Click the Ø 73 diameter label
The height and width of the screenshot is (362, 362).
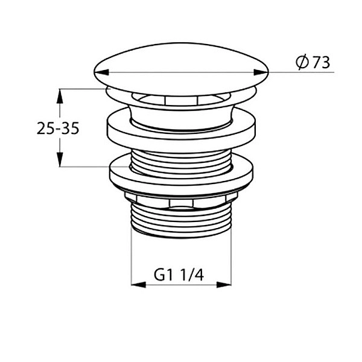pos(313,62)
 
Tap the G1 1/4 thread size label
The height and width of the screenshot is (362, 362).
pos(179,275)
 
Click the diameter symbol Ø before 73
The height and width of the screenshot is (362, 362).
pos(302,62)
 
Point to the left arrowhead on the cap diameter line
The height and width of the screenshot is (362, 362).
pos(101,72)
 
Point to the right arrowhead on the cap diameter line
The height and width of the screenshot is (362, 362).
pos(261,72)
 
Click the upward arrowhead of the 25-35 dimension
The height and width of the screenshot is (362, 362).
pos(60,97)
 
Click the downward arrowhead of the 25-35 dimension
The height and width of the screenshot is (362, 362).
pos(60,159)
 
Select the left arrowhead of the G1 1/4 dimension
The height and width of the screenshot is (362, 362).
pos(139,285)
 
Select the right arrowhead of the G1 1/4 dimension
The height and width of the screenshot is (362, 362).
pos(224,285)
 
